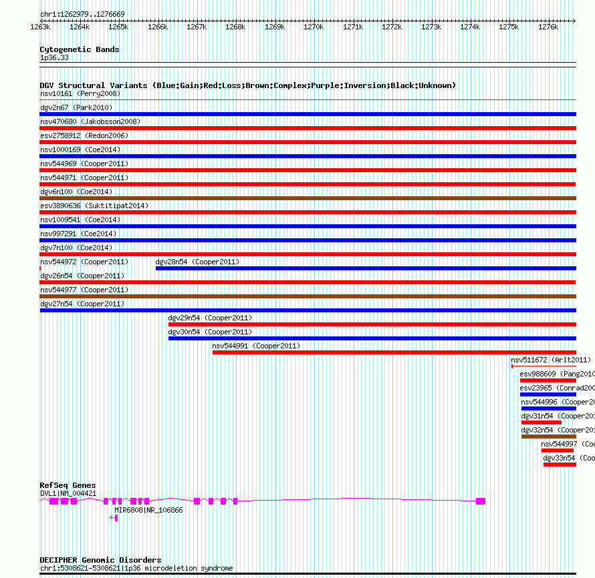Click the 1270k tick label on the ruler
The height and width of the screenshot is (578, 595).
[x=313, y=27]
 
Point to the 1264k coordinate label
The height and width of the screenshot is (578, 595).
[x=79, y=27]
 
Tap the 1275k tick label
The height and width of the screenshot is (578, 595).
[x=509, y=27]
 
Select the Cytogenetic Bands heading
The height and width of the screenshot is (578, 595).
[x=80, y=49]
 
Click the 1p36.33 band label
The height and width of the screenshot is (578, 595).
[x=54, y=57]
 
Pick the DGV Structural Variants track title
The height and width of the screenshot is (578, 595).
[x=247, y=85]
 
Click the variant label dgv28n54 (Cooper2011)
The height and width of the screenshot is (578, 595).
[x=197, y=262]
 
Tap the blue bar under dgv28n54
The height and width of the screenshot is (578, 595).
[x=365, y=268]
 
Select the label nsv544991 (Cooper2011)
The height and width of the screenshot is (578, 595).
[x=256, y=346]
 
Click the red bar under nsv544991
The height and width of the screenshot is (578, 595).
[x=394, y=352]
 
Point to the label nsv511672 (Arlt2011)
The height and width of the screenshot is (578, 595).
[x=551, y=360]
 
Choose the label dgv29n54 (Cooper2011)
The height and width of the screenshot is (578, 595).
[x=210, y=318]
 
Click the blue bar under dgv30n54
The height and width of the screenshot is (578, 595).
[x=372, y=338]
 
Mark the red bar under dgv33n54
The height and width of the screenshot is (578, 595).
[x=560, y=465]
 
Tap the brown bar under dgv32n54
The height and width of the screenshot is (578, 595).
[x=548, y=437]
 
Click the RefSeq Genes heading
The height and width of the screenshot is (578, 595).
[x=68, y=485]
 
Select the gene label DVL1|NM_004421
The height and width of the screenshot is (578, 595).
[x=68, y=493]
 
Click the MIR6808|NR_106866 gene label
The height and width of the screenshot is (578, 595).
[x=148, y=510]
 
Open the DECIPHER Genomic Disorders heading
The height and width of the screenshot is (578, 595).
[x=100, y=560]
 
